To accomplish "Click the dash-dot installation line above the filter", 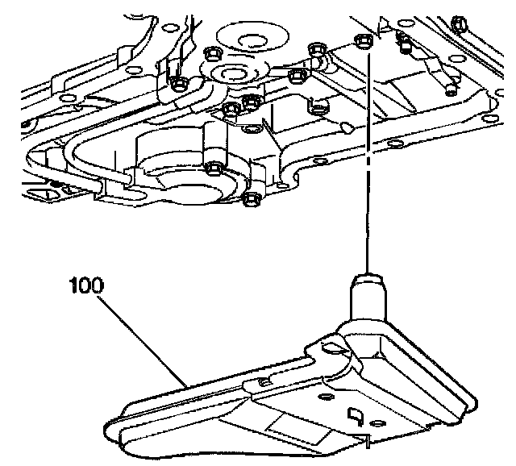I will (368, 161).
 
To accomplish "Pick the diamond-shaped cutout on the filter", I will (353, 415).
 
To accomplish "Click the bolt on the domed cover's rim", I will (214, 169).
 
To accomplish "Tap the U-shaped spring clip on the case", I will (318, 106).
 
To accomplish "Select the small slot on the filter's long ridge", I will (264, 379).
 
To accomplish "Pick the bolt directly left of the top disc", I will (214, 54).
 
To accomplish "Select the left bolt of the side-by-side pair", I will (231, 108).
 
